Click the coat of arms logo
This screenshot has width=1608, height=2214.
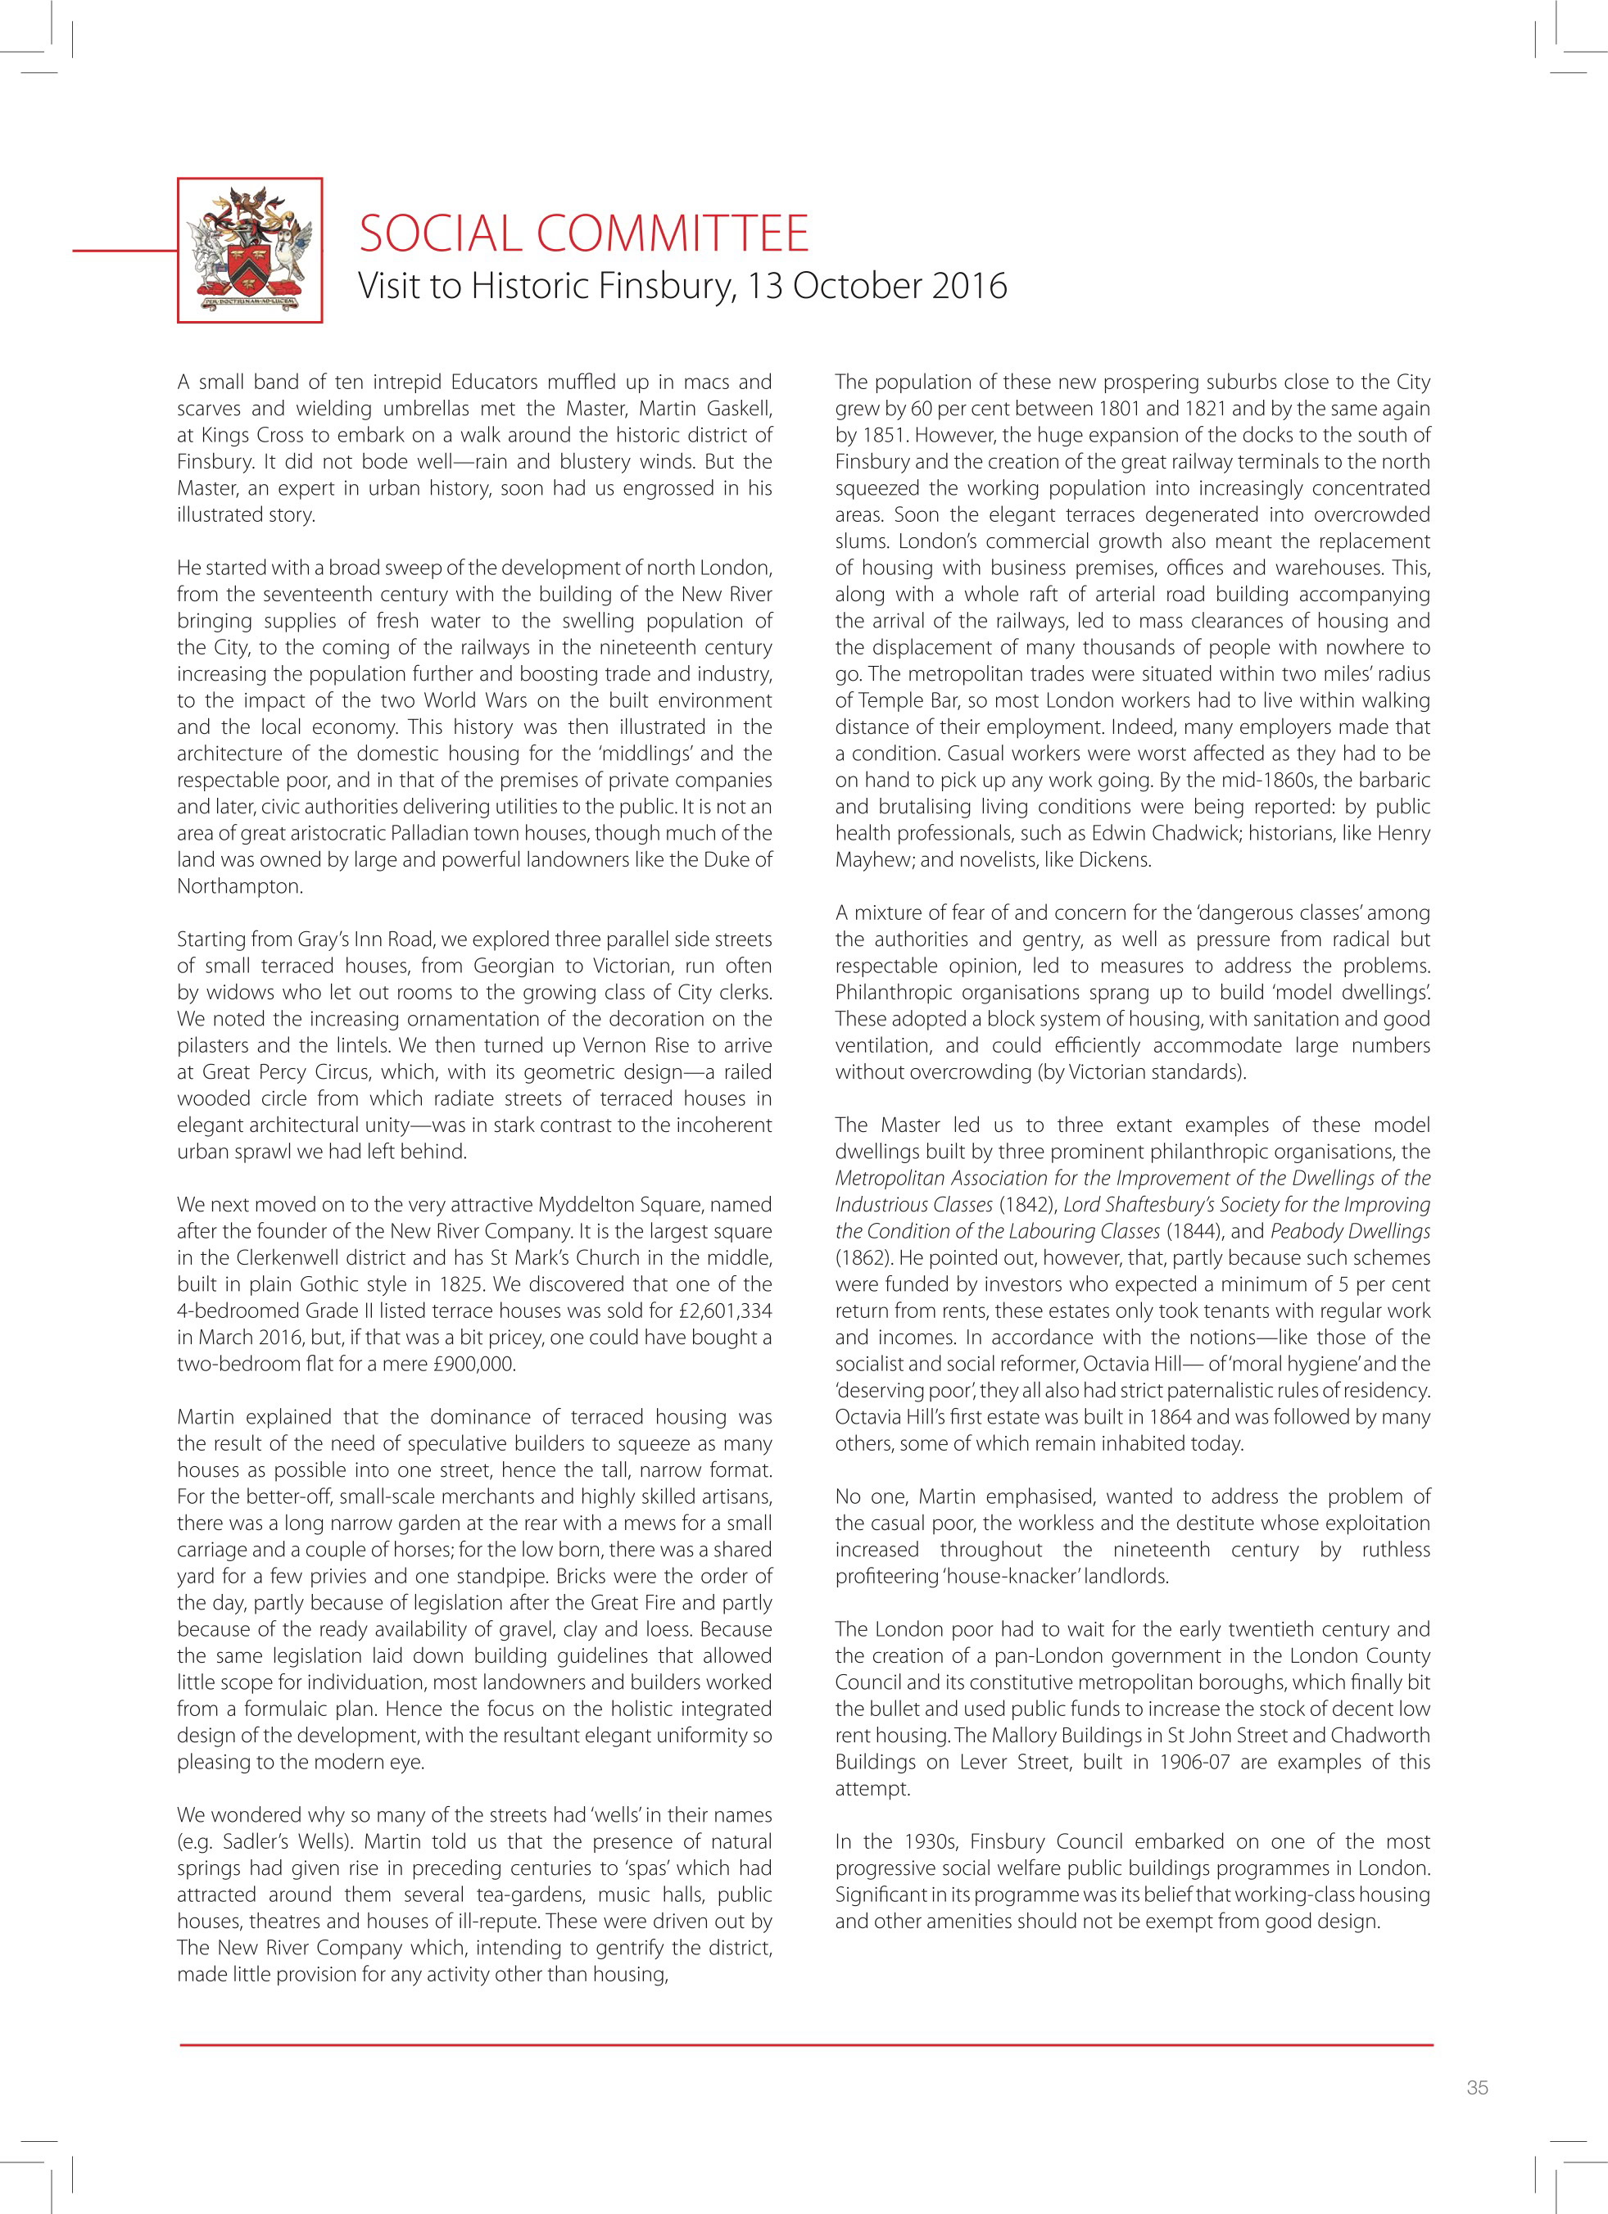pyautogui.click(x=250, y=250)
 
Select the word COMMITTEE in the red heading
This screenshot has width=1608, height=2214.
pyautogui.click(x=673, y=234)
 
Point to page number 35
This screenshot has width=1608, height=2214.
pyautogui.click(x=1476, y=2113)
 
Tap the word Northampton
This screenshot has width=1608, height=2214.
pyautogui.click(x=238, y=886)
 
